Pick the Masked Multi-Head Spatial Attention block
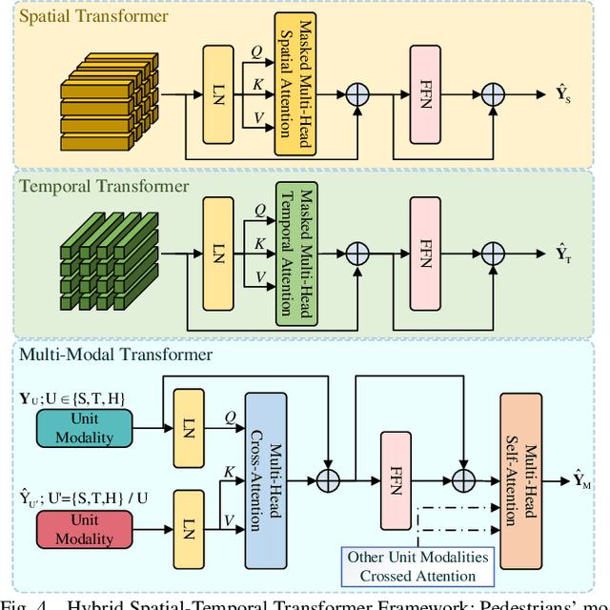[x=295, y=85]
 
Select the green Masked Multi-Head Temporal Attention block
[x=295, y=252]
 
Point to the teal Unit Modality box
[x=86, y=429]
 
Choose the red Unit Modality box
[x=86, y=530]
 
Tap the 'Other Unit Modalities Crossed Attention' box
[x=418, y=566]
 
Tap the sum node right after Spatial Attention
[x=357, y=95]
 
